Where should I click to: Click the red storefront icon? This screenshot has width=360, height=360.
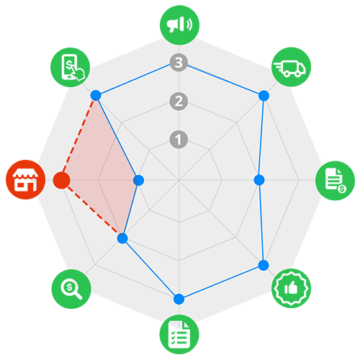[x=23, y=179]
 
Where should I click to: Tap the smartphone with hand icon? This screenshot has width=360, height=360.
[x=69, y=68]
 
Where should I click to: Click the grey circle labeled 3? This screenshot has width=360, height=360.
[x=179, y=63]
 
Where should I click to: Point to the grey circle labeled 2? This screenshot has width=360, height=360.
[x=179, y=102]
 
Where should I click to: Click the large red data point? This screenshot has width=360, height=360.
[x=61, y=179]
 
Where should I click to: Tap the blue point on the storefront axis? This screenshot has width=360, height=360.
[x=139, y=179]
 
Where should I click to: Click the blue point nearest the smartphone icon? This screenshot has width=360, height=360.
[x=95, y=95]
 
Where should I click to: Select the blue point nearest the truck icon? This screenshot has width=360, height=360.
[x=264, y=95]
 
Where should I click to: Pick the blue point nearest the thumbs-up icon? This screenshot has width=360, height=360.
[x=264, y=264]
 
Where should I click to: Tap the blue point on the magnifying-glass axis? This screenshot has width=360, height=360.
[x=122, y=238]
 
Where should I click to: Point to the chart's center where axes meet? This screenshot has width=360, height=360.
[x=179, y=179]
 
